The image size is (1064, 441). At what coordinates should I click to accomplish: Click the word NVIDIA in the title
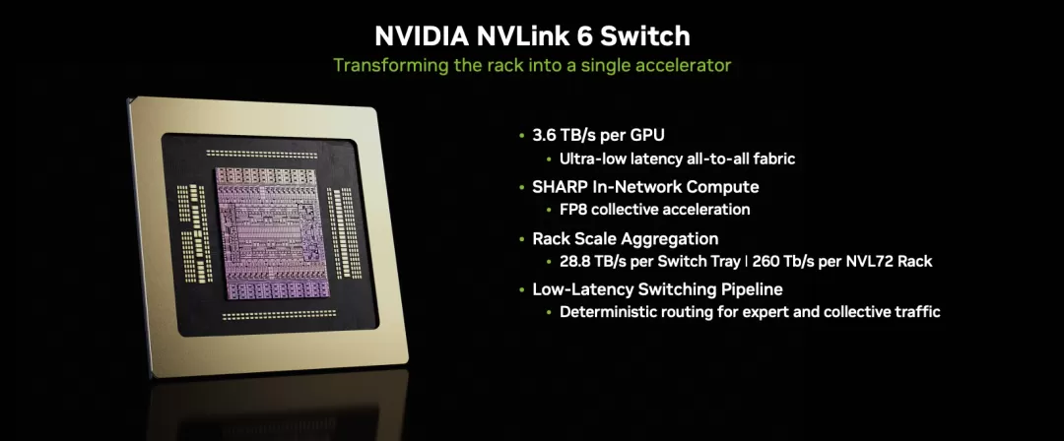(421, 36)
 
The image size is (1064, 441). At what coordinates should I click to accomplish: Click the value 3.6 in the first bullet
(544, 135)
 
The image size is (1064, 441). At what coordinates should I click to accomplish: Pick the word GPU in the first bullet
(647, 135)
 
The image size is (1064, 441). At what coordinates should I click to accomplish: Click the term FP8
(573, 210)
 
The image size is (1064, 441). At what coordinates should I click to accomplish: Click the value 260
(766, 261)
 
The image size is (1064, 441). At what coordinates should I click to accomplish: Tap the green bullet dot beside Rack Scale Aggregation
(521, 239)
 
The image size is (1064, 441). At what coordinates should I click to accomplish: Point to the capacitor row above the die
(262, 154)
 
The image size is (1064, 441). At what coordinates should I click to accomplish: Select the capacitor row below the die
(279, 315)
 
